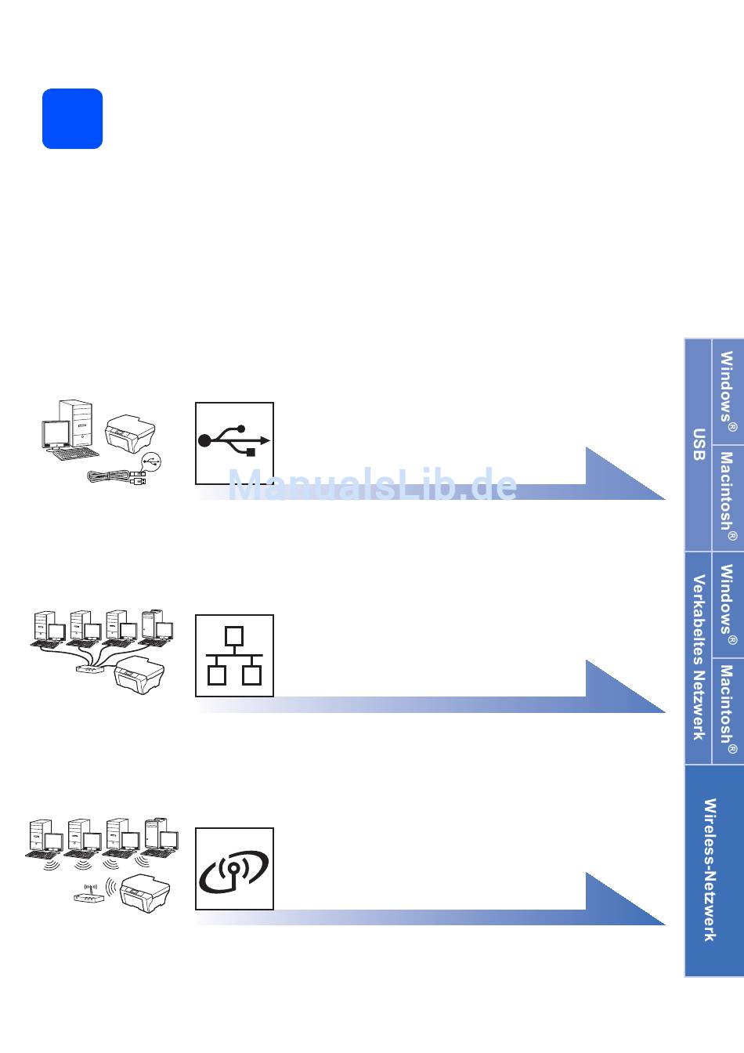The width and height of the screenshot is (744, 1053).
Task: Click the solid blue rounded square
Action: pyautogui.click(x=72, y=118)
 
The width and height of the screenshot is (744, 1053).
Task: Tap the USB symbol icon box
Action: pyautogui.click(x=234, y=443)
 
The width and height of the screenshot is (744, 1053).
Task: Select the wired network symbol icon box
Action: pyautogui.click(x=234, y=656)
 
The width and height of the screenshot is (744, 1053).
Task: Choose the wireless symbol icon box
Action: pyautogui.click(x=234, y=868)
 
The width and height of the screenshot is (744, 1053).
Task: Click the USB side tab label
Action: pyautogui.click(x=699, y=445)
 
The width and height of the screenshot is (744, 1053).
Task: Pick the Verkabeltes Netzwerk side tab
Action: pyautogui.click(x=699, y=657)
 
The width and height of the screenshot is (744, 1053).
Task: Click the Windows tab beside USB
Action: pyautogui.click(x=728, y=392)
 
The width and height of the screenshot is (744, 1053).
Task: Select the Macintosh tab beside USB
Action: pyautogui.click(x=728, y=498)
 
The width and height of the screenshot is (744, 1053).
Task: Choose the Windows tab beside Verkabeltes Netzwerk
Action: pyautogui.click(x=728, y=604)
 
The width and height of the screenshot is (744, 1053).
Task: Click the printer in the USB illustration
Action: pyautogui.click(x=130, y=432)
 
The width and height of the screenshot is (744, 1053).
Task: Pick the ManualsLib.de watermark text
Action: pyautogui.click(x=373, y=486)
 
